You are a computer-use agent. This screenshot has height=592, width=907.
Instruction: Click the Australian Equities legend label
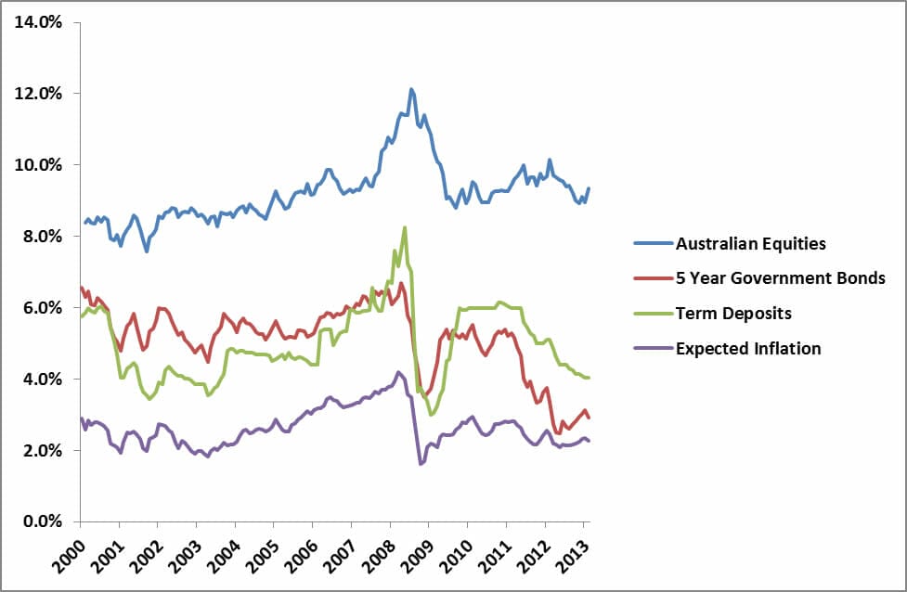point(751,244)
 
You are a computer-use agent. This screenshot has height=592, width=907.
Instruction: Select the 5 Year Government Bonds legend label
point(781,278)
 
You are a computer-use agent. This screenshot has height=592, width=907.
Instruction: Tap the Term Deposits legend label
point(733,314)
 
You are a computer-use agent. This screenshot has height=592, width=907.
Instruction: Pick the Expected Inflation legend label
point(748,349)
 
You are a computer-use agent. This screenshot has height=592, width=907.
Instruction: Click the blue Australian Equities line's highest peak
point(411,89)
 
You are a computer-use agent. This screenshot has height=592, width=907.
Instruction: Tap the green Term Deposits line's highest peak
point(405,227)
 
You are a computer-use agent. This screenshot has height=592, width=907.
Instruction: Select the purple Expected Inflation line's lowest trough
point(421,463)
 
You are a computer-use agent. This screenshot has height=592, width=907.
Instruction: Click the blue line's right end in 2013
point(589,188)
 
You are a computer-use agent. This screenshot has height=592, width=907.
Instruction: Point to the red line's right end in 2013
point(589,418)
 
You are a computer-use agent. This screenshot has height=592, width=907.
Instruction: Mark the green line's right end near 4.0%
point(589,378)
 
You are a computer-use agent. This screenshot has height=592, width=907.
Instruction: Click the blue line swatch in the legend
point(652,244)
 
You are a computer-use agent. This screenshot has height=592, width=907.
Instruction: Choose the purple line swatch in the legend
point(652,349)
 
